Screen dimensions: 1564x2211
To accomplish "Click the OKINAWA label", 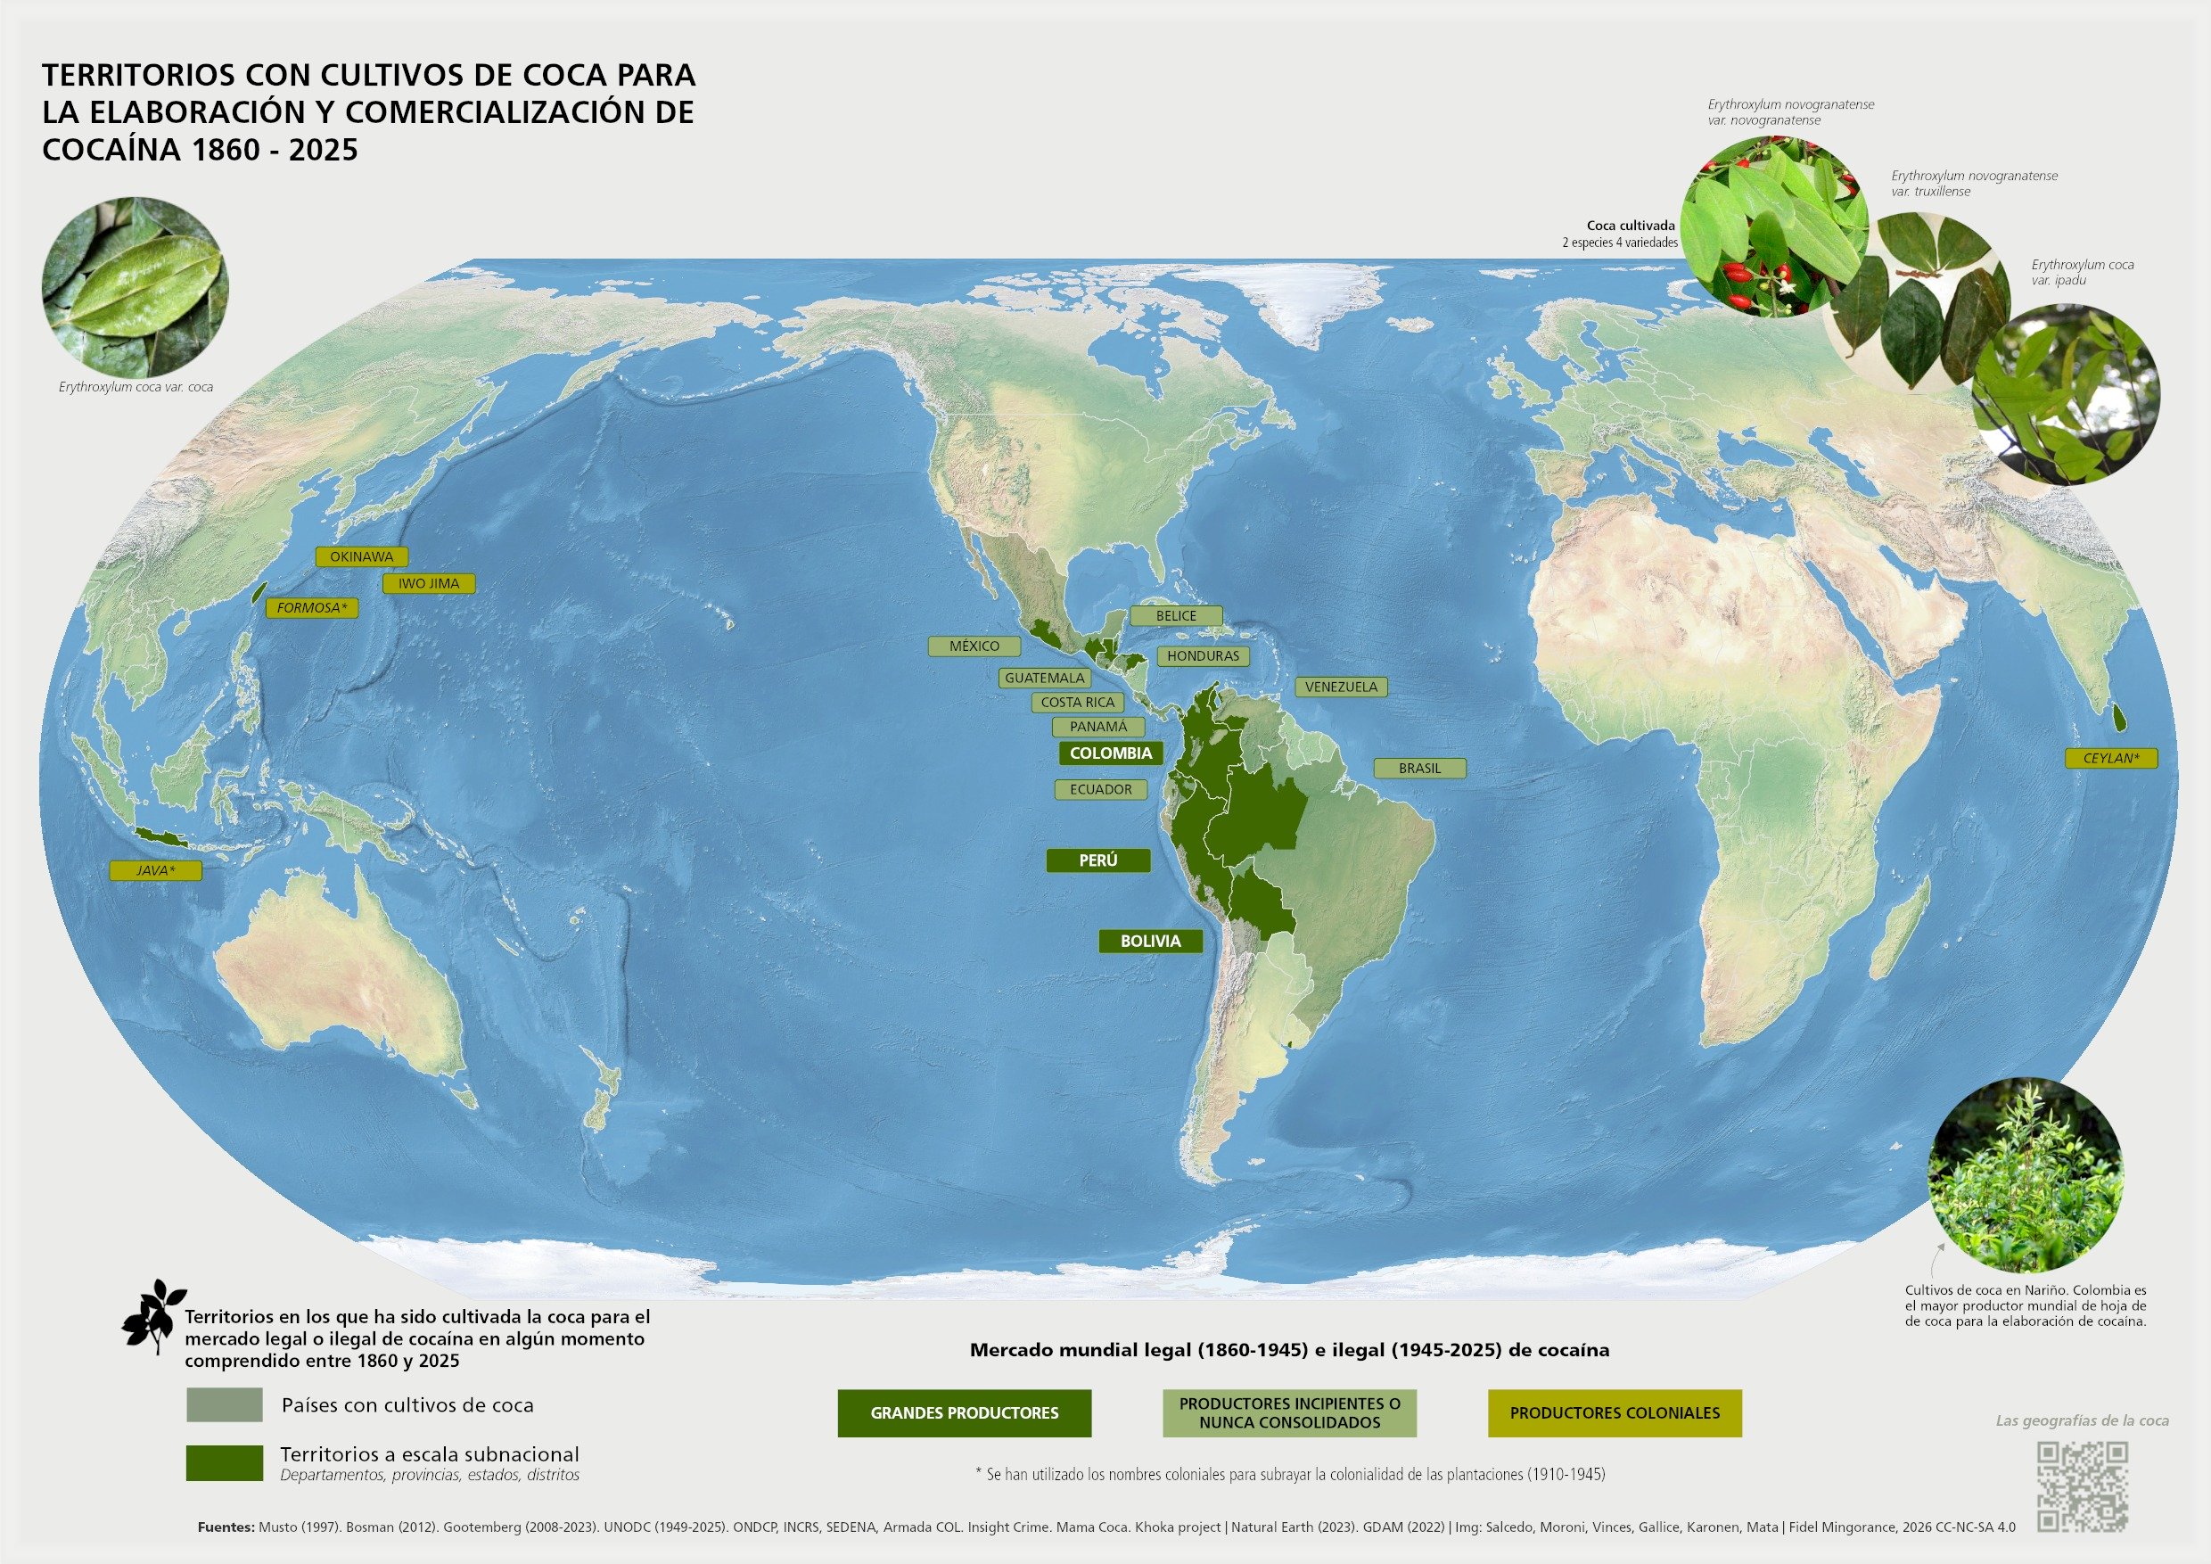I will click(361, 556).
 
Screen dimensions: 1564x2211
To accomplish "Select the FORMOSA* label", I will click(311, 608).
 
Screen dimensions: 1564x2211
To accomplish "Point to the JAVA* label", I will click(155, 870).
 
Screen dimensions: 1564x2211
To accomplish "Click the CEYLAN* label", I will click(2111, 758).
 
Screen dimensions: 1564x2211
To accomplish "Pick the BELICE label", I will click(1176, 615).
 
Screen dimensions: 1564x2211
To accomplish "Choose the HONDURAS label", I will click(1203, 656).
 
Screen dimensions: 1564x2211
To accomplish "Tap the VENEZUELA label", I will click(1342, 687).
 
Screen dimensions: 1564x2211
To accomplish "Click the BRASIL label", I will click(1419, 769).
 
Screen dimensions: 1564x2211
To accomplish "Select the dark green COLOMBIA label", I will click(1110, 753).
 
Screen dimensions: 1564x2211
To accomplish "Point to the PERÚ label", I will click(1097, 860).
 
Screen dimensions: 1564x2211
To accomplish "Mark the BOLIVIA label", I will click(1150, 941).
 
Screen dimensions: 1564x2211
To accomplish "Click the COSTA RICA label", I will click(1078, 702).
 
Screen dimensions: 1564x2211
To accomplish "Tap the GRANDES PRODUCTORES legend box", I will click(964, 1412).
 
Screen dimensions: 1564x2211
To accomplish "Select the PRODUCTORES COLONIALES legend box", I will click(1614, 1412).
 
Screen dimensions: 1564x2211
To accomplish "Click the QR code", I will click(2083, 1486).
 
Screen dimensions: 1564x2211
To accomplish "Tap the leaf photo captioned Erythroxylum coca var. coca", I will click(135, 287).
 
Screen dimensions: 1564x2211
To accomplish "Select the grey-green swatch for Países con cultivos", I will click(225, 1405).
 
